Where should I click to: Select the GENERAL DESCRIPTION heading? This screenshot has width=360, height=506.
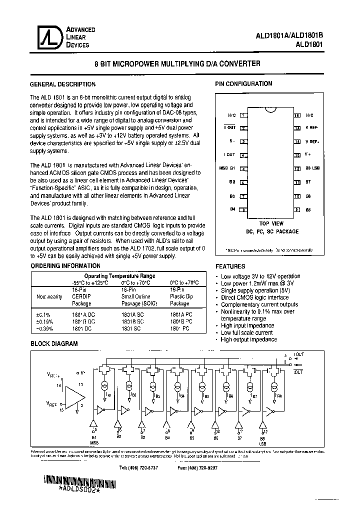[x=62, y=84]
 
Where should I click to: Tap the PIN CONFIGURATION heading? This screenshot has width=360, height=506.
[x=243, y=84]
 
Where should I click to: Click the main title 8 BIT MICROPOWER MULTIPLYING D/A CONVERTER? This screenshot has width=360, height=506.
[x=177, y=64]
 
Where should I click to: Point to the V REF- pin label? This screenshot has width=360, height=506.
[x=311, y=128]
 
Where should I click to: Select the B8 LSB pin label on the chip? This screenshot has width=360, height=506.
[x=312, y=168]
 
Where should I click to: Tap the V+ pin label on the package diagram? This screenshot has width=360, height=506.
[x=308, y=155]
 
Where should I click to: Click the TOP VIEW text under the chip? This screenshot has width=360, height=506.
[x=271, y=223]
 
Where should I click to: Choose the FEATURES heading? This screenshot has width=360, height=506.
[x=230, y=266]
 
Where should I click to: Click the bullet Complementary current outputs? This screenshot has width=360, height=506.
[x=259, y=304]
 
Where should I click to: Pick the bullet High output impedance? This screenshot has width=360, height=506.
[x=248, y=339]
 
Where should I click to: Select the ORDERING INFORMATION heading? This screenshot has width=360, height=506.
[x=65, y=266]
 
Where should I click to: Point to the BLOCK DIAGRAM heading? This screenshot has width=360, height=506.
[x=54, y=344]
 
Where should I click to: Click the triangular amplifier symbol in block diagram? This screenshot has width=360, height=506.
[x=73, y=388]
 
